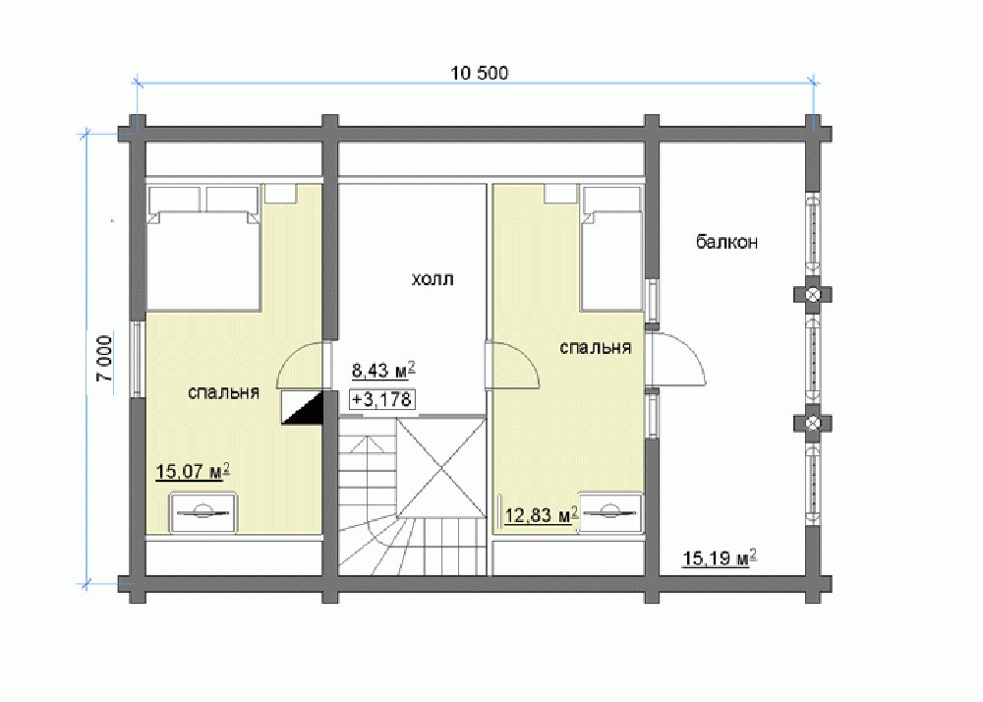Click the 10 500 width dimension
[479, 74]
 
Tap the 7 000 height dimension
[105, 359]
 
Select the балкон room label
[726, 242]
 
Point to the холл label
[432, 279]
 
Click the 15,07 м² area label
[192, 471]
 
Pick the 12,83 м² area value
[542, 516]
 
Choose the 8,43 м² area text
[383, 370]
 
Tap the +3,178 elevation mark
[382, 399]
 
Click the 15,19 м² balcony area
[720, 557]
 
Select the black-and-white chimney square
[301, 407]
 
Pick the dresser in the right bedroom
[610, 512]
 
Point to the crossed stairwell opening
[442, 468]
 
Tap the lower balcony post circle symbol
[813, 423]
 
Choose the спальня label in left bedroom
[224, 393]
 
